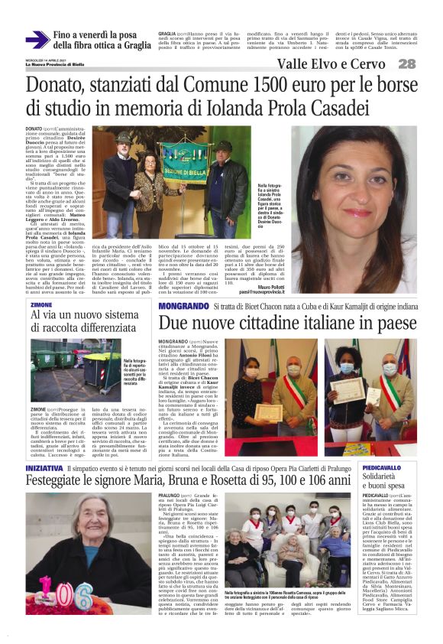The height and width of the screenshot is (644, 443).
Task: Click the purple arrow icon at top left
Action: point(37,40)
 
